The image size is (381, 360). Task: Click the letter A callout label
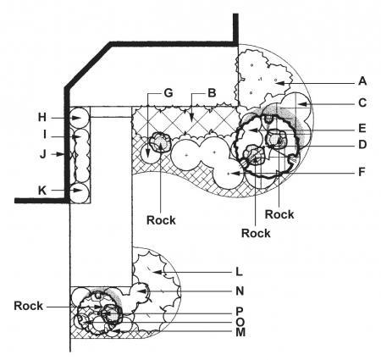click(362, 81)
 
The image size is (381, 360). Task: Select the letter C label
click(362, 102)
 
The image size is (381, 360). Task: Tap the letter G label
click(168, 92)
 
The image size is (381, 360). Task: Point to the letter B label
click(212, 92)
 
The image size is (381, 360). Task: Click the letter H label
click(42, 117)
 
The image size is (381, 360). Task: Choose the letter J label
click(42, 154)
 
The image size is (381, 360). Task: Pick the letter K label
click(42, 191)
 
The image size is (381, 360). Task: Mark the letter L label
click(239, 272)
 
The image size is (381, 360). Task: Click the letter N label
click(240, 291)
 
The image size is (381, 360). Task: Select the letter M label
click(240, 332)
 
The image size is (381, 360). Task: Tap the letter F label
click(362, 172)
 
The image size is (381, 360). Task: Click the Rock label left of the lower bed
click(29, 306)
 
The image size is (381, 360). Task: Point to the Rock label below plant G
click(161, 220)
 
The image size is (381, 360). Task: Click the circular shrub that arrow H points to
click(80, 118)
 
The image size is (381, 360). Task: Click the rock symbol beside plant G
click(160, 141)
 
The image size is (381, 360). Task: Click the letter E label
click(362, 129)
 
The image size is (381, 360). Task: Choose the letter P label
click(240, 312)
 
